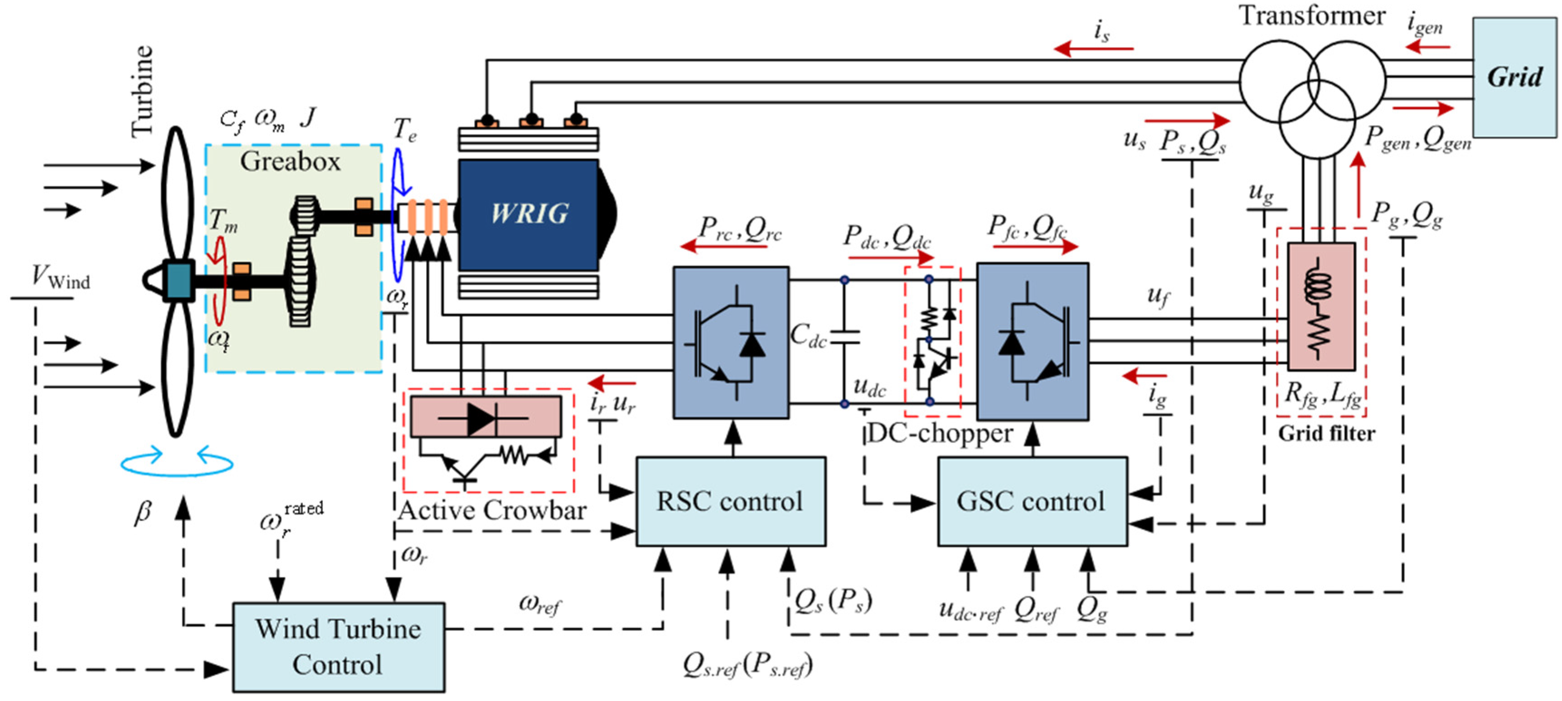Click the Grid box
click(x=1514, y=77)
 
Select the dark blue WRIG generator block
click(x=529, y=214)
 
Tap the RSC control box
click(x=730, y=501)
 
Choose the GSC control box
click(x=1032, y=501)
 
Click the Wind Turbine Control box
click(x=338, y=647)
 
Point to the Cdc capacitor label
click(x=808, y=336)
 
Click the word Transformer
click(x=1312, y=16)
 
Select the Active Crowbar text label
click(x=492, y=511)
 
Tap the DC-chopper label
click(x=940, y=433)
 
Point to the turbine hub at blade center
click(x=178, y=281)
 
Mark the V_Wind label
click(x=61, y=278)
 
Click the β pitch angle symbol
click(x=142, y=512)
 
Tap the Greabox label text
click(x=290, y=161)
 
